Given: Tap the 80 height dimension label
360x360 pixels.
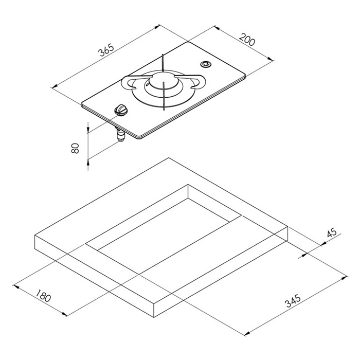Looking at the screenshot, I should click(75, 148).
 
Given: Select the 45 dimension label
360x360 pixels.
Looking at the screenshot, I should click(332, 232).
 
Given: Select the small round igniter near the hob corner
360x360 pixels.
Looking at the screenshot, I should click(206, 64).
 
